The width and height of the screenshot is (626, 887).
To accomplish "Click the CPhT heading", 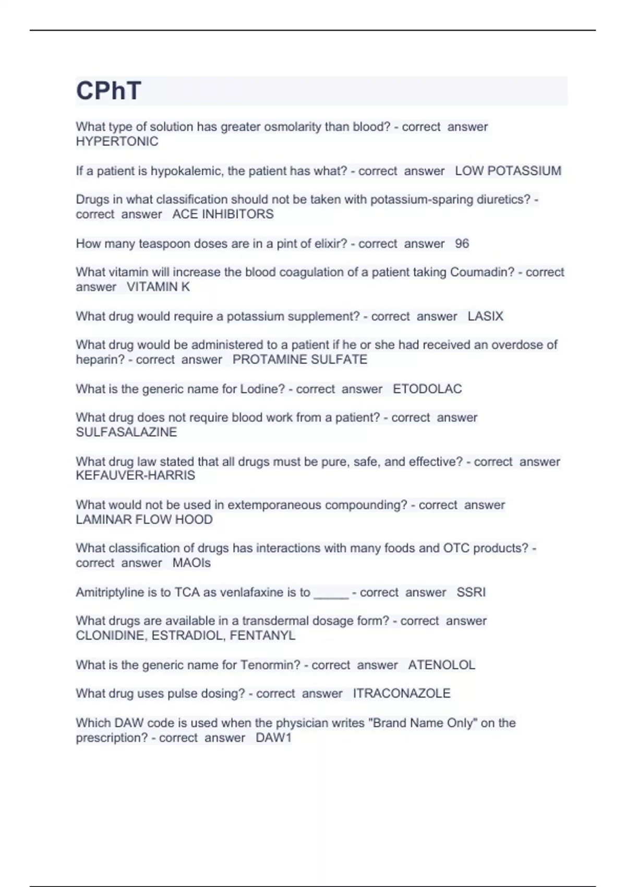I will point(109,91).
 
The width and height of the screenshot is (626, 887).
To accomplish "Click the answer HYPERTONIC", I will point(117,141).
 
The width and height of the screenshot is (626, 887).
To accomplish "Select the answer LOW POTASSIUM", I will point(508,171).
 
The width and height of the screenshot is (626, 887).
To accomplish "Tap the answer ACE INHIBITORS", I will point(223,214).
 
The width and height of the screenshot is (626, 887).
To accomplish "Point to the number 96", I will point(462,243).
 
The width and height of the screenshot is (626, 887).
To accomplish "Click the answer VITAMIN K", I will point(158,286).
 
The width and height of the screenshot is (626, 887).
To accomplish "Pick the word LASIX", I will point(485,316).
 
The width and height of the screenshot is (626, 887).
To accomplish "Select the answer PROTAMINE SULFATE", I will point(299,359).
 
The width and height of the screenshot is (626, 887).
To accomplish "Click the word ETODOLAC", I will point(427,389).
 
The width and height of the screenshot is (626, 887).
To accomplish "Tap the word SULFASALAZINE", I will point(126,432).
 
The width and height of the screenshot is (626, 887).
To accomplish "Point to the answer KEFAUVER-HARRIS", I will point(135,475).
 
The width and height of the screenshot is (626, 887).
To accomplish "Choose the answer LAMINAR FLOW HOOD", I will point(144,519).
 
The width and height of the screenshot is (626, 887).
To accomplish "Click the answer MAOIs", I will point(191,563).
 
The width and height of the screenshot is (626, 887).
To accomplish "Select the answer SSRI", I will point(471,592).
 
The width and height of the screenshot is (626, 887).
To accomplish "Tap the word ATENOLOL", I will point(441,665).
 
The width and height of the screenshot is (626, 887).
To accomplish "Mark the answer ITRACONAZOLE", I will point(401,693).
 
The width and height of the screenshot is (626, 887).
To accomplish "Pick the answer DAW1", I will point(273,738).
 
